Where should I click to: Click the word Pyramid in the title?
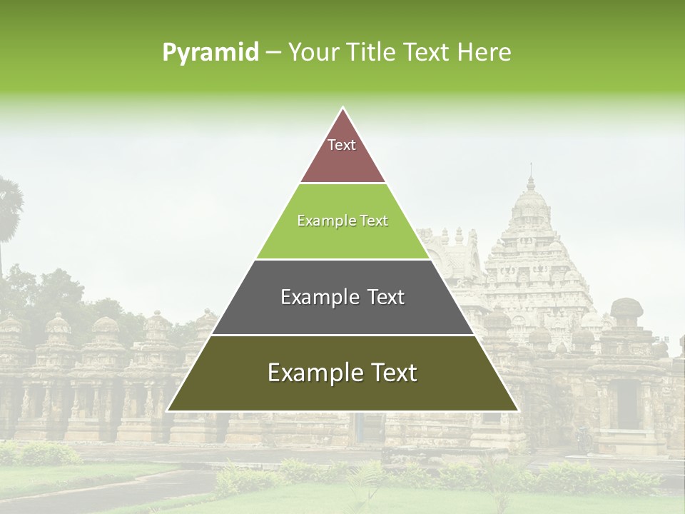point(210,53)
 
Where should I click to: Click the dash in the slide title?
point(273,53)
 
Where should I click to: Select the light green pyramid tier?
point(342,239)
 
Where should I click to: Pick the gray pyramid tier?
point(342,315)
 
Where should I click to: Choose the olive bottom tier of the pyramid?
point(342,393)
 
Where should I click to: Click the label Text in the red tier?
point(342,145)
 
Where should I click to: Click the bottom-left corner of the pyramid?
point(168,410)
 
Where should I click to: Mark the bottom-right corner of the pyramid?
point(517,410)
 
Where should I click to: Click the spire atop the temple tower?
point(530,175)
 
